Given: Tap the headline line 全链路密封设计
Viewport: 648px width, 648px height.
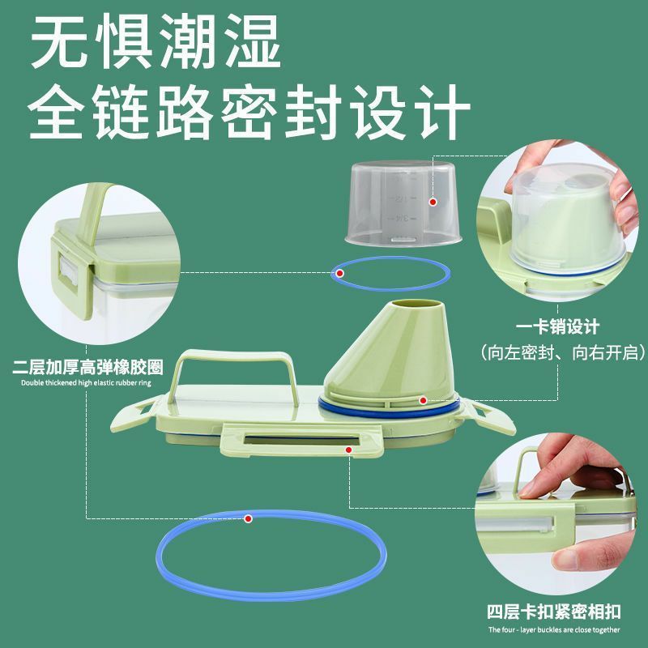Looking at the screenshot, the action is pos(249,112).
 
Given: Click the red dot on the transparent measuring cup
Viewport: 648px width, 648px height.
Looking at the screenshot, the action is pos(433,202).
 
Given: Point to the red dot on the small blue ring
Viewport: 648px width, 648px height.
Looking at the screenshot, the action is pos(339,273).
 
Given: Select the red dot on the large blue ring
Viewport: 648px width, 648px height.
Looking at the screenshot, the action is pos(248,518).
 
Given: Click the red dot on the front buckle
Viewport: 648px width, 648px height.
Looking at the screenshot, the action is pos(349,450).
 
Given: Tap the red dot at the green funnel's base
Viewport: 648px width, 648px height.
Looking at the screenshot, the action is pos(422,400).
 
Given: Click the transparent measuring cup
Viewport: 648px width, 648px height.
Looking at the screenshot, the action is pos(403,204).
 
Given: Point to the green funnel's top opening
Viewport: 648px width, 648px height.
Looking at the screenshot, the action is pos(416,305).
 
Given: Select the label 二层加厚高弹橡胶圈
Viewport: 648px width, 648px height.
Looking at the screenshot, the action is pos(87,367).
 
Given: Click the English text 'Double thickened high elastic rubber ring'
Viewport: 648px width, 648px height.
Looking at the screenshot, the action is pos(86,382).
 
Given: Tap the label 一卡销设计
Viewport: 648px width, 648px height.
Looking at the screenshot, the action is pos(557,326).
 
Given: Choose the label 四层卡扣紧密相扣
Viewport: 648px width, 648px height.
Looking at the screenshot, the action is pos(554,612).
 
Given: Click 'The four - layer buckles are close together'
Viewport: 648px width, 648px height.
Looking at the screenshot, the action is pos(554,630).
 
